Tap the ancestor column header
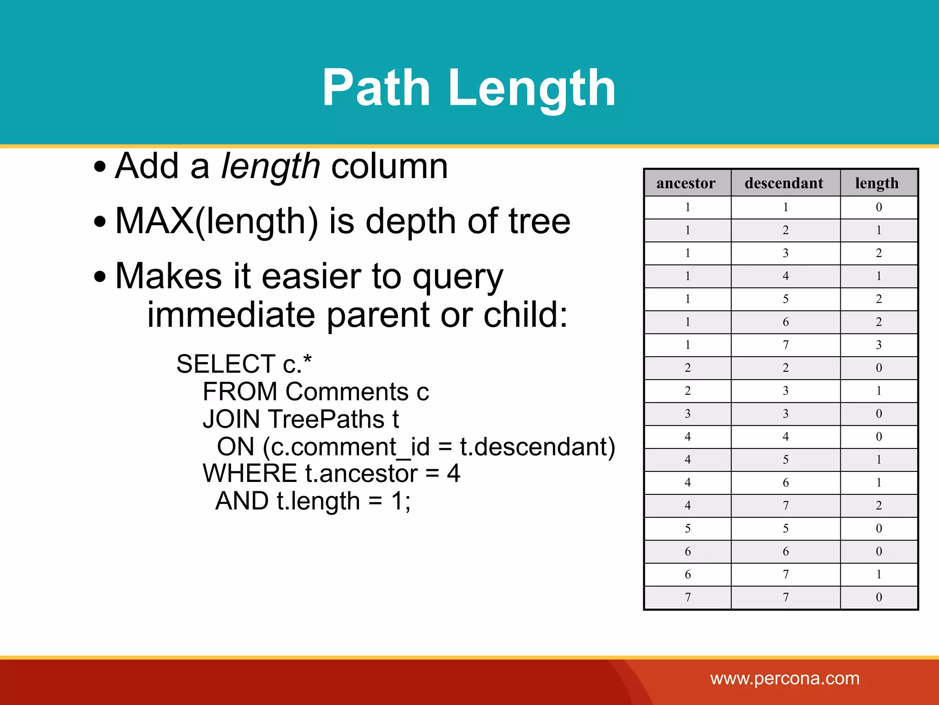(x=686, y=183)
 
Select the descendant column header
(x=784, y=183)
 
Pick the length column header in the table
(x=877, y=183)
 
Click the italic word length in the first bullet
(x=271, y=166)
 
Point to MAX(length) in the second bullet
(x=216, y=222)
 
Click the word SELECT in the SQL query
(x=226, y=364)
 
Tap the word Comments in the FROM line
(x=347, y=392)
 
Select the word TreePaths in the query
(x=326, y=419)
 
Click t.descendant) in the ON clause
(x=537, y=447)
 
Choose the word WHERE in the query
(x=250, y=473)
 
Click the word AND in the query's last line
(x=242, y=501)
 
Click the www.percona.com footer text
(x=785, y=678)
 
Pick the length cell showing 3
(x=878, y=345)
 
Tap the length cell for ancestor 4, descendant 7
(x=878, y=505)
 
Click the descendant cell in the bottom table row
(x=785, y=597)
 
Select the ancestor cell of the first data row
(x=687, y=207)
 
